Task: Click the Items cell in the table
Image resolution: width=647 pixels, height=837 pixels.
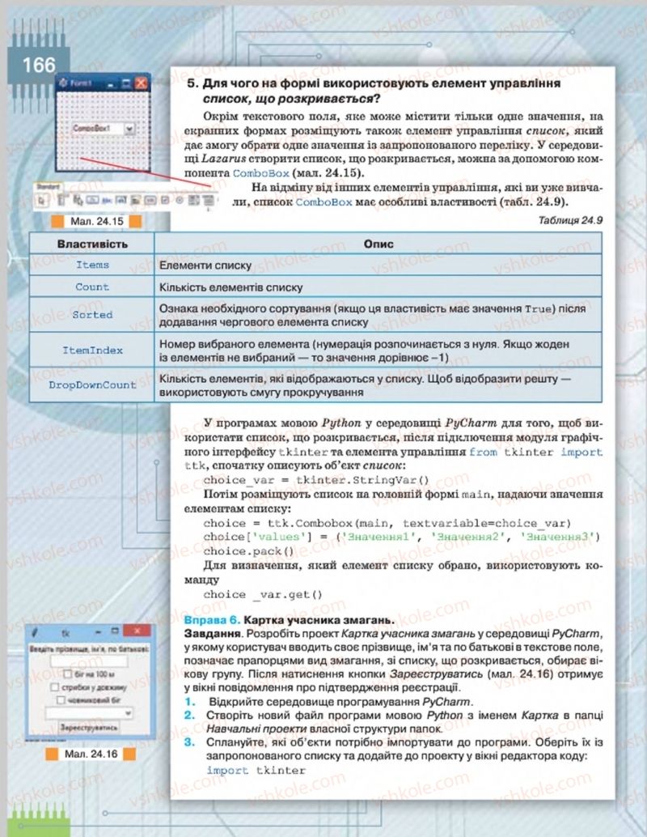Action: pos(92,265)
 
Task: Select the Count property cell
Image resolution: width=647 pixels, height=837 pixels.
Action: pos(92,287)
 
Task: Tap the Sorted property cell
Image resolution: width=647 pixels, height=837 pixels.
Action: pos(92,314)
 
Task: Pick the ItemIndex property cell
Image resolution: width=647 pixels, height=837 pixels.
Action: pos(92,350)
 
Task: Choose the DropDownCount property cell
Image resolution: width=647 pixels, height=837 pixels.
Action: pos(92,385)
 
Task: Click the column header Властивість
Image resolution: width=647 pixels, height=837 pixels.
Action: pos(92,244)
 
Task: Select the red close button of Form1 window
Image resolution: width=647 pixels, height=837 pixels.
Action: pos(140,83)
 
